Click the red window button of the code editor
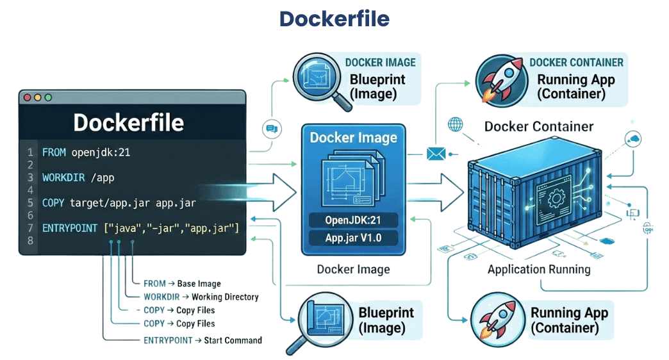[x=27, y=97]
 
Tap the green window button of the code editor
[x=48, y=97]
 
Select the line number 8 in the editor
[x=29, y=241]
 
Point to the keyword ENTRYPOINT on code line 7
[x=70, y=228]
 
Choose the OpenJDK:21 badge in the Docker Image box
[x=353, y=220]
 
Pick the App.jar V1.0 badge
[x=353, y=238]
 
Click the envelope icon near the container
[x=435, y=153]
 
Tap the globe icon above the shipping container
[x=456, y=124]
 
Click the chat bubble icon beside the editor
[x=272, y=129]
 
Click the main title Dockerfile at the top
[x=334, y=19]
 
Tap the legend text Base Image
[x=199, y=283]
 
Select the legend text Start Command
[x=233, y=340]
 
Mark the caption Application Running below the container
[x=539, y=268]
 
